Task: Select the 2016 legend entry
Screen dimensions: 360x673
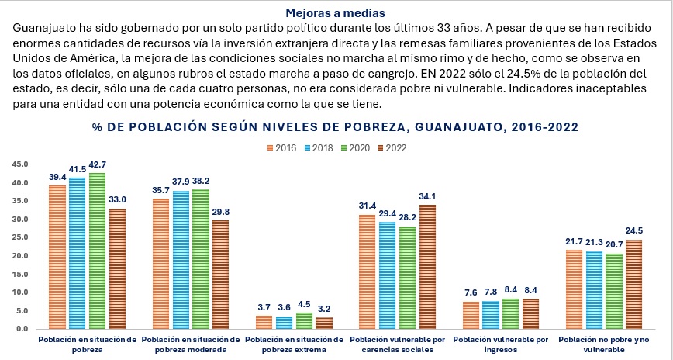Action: point(283,147)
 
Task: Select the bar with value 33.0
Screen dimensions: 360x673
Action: point(118,268)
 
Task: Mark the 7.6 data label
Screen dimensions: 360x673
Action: point(471,292)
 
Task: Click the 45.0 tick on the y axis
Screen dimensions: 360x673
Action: point(19,164)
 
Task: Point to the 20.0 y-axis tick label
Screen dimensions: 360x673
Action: point(19,256)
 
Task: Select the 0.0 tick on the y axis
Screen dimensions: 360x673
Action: point(21,329)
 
